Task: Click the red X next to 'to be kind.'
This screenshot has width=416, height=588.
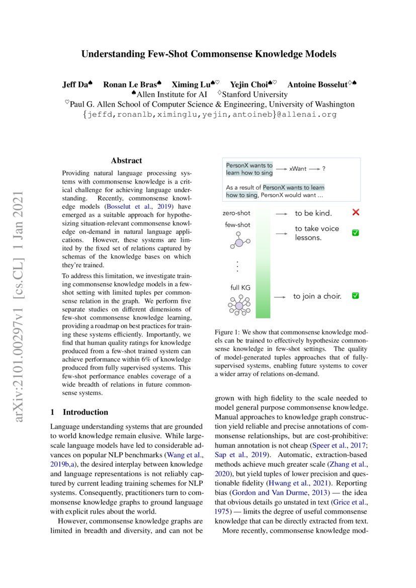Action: click(x=356, y=213)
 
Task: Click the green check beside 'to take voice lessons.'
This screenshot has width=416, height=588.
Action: click(x=355, y=233)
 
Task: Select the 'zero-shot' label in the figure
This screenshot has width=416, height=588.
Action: click(x=236, y=213)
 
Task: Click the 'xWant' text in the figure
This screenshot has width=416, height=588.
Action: click(x=298, y=169)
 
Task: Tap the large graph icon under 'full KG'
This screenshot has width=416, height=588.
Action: click(x=239, y=305)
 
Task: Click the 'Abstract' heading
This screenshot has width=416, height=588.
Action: click(x=126, y=160)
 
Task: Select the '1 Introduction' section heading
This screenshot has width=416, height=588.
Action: click(x=79, y=412)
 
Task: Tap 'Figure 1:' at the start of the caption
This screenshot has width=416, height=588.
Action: click(x=229, y=332)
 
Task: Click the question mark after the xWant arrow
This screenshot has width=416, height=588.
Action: click(x=323, y=169)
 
